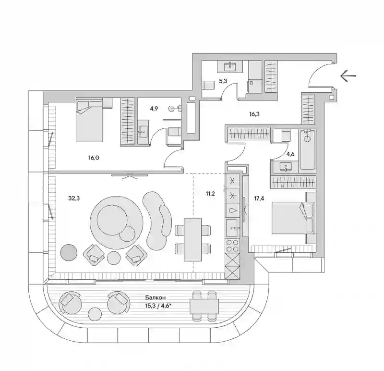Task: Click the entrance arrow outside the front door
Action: pyautogui.click(x=348, y=76)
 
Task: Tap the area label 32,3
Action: pyautogui.click(x=74, y=198)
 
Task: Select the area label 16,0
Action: pyautogui.click(x=94, y=158)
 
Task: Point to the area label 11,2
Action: pyautogui.click(x=210, y=194)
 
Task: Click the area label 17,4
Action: pyautogui.click(x=259, y=198)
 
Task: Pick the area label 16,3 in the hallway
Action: pyautogui.click(x=254, y=114)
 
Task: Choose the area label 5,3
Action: pyautogui.click(x=223, y=81)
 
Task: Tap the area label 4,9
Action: pyautogui.click(x=154, y=109)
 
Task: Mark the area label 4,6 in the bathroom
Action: pyautogui.click(x=290, y=154)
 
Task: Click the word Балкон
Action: pyautogui.click(x=156, y=297)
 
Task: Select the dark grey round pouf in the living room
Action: pyautogui.click(x=69, y=252)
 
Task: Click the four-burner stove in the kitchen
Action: pyautogui.click(x=232, y=246)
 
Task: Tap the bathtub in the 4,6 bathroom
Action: pyautogui.click(x=307, y=149)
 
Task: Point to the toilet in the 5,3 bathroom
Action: pyautogui.click(x=208, y=86)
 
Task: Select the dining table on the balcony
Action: pyautogui.click(x=204, y=306)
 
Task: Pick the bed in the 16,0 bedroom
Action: pyautogui.click(x=89, y=120)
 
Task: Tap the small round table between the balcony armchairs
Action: pyautogui.click(x=95, y=314)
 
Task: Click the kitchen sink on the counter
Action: pyautogui.click(x=232, y=228)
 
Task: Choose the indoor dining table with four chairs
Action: pyautogui.click(x=193, y=240)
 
